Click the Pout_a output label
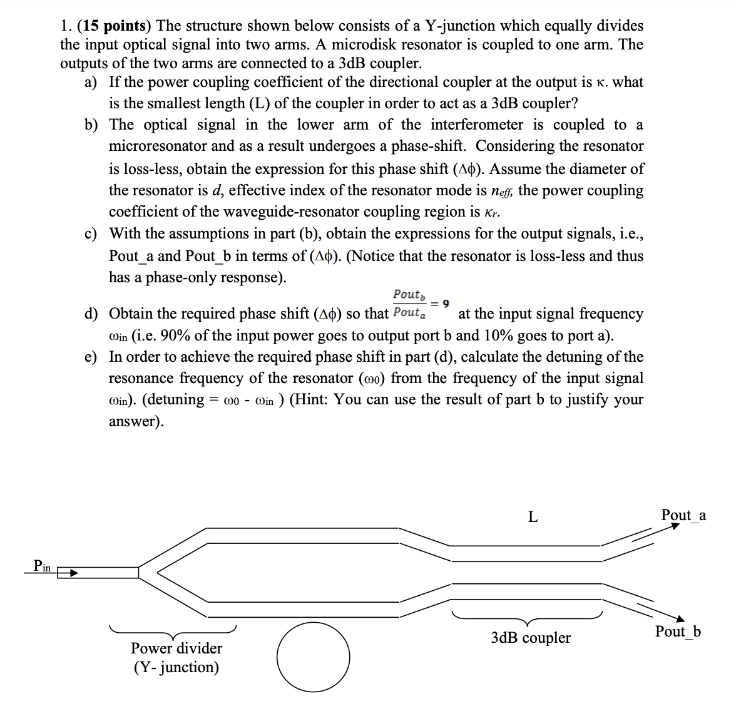pyautogui.click(x=683, y=515)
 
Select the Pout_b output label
pyautogui.click(x=678, y=631)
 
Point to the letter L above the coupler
pyautogui.click(x=533, y=517)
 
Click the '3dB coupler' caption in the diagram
pyautogui.click(x=531, y=638)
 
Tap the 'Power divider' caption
pyautogui.click(x=176, y=648)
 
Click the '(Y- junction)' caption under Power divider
pyautogui.click(x=176, y=667)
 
